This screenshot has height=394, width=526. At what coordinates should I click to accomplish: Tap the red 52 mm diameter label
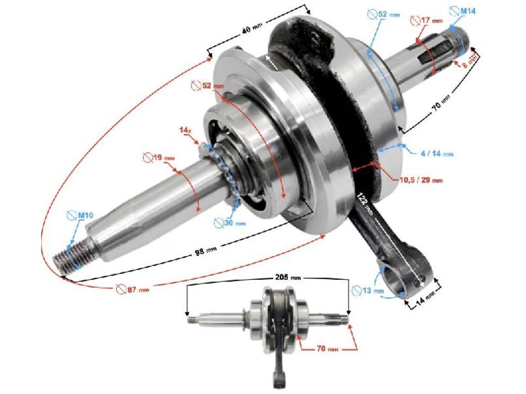point(208,86)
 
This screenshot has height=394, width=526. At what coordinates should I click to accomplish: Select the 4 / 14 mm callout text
point(437,154)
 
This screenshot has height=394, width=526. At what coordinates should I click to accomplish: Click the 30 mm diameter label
point(230,223)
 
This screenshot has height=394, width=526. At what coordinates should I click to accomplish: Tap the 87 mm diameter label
point(132,288)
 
